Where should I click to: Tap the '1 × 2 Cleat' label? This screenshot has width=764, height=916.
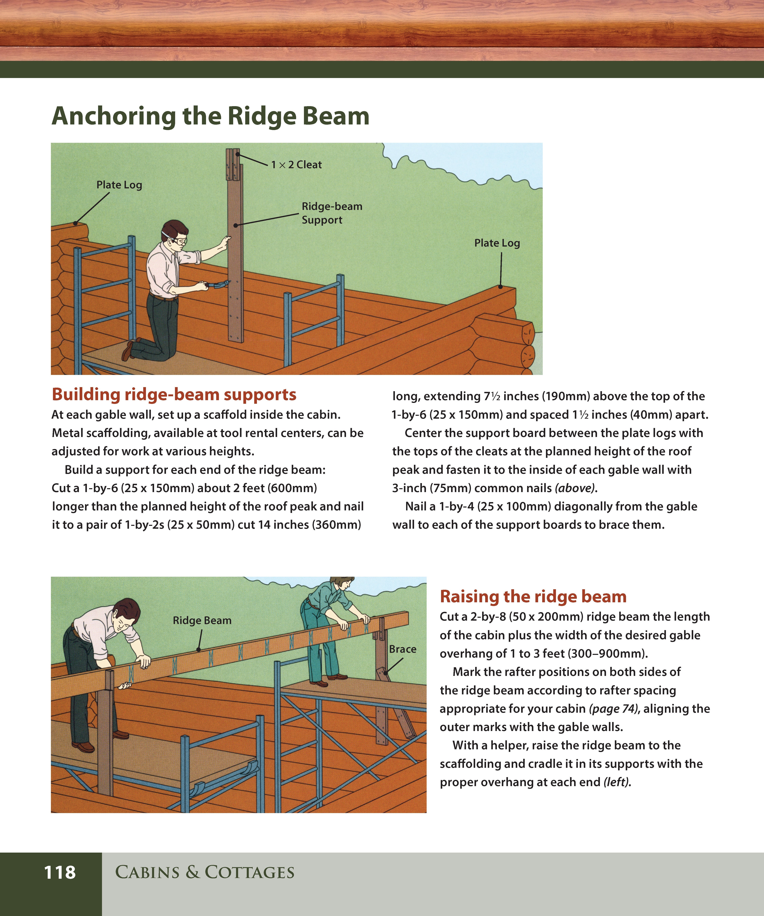[x=296, y=165]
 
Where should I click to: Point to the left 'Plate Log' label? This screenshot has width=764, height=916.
[x=119, y=185]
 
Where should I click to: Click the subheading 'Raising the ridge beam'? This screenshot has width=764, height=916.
[x=533, y=596]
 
